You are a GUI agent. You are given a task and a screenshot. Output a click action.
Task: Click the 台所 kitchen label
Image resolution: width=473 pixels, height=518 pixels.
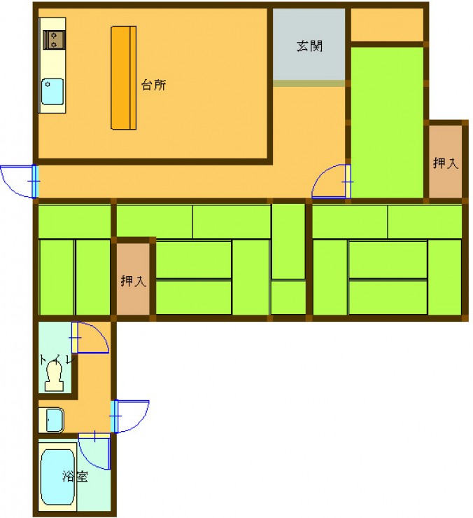pyautogui.click(x=153, y=85)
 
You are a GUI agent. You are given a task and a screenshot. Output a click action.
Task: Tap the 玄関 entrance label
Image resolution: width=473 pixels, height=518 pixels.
pyautogui.click(x=309, y=46)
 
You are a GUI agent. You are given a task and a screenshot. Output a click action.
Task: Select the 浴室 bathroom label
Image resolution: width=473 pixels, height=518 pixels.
pyautogui.click(x=75, y=476)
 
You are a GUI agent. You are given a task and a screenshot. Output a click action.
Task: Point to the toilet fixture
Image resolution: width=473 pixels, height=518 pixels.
pyautogui.click(x=54, y=376)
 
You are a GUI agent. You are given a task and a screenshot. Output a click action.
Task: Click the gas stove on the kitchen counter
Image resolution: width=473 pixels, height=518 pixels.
pyautogui.click(x=54, y=40)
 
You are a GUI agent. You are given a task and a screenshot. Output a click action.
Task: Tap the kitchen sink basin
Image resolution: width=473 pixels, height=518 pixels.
pyautogui.click(x=52, y=92)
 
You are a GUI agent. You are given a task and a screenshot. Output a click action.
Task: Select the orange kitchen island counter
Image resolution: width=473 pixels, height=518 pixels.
pyautogui.click(x=124, y=78)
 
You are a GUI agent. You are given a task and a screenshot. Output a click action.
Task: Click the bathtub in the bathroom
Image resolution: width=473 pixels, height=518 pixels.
pyautogui.click(x=57, y=477)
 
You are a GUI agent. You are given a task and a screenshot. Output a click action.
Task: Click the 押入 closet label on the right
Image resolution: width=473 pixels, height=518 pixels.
pyautogui.click(x=446, y=163)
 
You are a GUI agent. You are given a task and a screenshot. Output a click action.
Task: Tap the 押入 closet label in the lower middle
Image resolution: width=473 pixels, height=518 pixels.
pyautogui.click(x=133, y=281)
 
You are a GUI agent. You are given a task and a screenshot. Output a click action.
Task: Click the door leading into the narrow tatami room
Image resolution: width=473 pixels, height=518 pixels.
pyautogui.click(x=331, y=182)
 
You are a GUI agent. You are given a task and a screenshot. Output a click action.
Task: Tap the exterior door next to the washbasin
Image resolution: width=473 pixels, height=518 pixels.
pyautogui.click(x=131, y=416)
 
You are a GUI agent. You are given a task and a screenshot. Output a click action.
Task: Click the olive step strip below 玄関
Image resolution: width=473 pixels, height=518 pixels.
pyautogui.click(x=309, y=83)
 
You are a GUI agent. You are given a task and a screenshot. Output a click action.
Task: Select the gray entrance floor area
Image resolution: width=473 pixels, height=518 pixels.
pyautogui.click(x=309, y=44)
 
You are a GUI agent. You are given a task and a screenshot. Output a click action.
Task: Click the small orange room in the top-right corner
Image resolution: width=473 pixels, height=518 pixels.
pyautogui.click(x=387, y=25)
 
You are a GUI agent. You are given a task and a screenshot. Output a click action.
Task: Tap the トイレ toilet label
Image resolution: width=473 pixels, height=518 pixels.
pyautogui.click(x=57, y=359)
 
